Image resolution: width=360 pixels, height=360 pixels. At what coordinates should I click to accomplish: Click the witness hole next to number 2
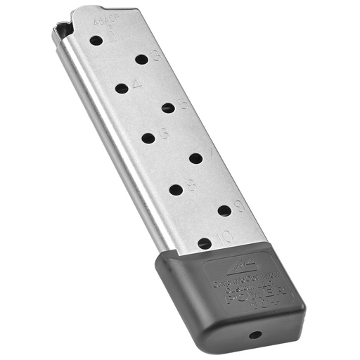click(x=96, y=40)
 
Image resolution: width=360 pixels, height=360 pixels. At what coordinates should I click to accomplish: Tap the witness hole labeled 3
click(x=142, y=60)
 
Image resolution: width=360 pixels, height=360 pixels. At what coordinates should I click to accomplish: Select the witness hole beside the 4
click(x=122, y=89)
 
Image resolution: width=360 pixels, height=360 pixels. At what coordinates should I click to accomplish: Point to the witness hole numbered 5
click(x=167, y=108)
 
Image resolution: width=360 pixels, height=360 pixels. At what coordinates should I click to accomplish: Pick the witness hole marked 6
click(x=148, y=138)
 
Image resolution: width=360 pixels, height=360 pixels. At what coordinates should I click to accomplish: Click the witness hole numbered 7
click(x=196, y=158)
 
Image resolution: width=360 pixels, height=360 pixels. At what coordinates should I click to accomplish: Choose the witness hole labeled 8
click(x=176, y=188)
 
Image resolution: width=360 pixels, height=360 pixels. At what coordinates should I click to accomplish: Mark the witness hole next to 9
click(x=224, y=210)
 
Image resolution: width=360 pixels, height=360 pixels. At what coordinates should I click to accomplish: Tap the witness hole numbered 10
click(x=205, y=243)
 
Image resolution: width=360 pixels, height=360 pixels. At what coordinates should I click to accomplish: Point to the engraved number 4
click(x=136, y=84)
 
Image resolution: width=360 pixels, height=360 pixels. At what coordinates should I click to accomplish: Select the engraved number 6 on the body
click(x=163, y=132)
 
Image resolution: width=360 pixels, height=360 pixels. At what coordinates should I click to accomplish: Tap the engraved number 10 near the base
click(x=224, y=237)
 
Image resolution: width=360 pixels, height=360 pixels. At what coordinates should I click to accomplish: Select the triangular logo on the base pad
click(x=232, y=264)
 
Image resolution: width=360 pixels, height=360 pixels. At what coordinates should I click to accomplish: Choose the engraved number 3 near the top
click(x=155, y=56)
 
